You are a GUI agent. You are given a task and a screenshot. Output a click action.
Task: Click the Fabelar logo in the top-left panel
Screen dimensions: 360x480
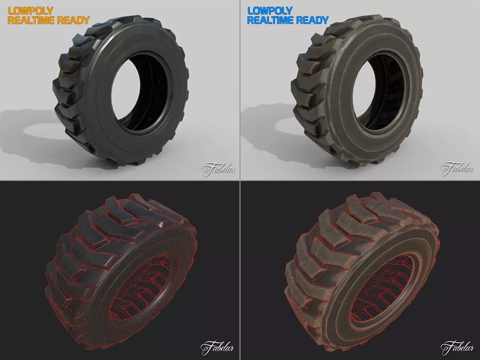point(218,168)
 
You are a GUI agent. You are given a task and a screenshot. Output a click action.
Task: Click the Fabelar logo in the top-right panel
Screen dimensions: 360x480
point(457,168)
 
